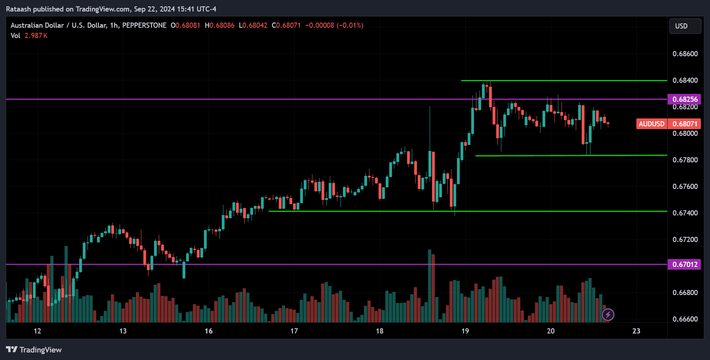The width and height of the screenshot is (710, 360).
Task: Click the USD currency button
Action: pos(685,26)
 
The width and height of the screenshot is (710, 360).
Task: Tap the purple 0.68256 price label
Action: pos(684,99)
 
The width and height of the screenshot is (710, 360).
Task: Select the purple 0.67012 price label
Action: pos(684,264)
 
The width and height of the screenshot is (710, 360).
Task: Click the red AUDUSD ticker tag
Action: pos(651,124)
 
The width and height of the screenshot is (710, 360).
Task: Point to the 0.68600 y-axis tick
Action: pos(685,54)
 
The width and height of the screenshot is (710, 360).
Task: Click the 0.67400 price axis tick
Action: pos(685,213)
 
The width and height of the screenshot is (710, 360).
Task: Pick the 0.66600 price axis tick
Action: pos(685,319)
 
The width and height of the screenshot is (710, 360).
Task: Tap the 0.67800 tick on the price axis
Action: pos(685,160)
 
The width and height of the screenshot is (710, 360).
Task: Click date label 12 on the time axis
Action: pos(38,331)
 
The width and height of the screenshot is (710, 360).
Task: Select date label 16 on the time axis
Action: pos(209,331)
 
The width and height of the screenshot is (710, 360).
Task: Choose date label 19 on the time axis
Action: pos(465,331)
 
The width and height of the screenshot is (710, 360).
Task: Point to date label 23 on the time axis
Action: pos(636,331)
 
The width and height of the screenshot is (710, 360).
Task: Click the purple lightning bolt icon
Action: pos(608,315)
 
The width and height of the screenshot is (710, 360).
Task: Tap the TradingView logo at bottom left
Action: pos(34,350)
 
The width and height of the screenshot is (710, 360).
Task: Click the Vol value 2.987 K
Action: pos(36,36)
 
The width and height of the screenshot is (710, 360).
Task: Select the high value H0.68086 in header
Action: pos(220,25)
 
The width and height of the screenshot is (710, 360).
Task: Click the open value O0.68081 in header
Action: pos(186,25)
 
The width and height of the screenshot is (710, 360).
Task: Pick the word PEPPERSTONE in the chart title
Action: pos(144,25)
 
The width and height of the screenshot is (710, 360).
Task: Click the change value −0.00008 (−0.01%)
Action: pos(334,25)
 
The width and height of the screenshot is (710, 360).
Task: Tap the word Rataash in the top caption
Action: pos(19,9)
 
